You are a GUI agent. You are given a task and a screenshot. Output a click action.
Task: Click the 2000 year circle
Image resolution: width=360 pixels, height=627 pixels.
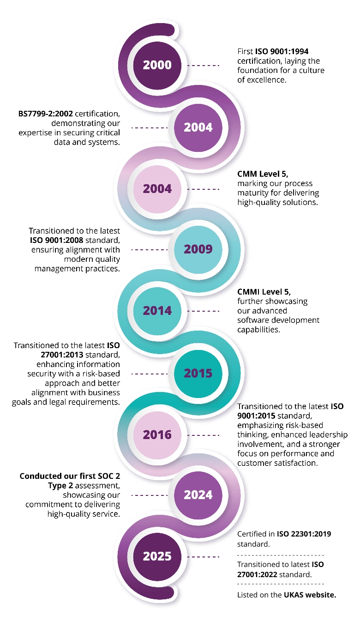click(157, 65)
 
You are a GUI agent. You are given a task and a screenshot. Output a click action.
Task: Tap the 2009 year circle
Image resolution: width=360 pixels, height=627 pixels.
click(198, 249)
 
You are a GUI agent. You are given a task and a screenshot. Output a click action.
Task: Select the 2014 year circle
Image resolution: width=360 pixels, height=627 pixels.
click(157, 311)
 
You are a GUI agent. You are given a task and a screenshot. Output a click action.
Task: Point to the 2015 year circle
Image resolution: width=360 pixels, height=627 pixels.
click(198, 373)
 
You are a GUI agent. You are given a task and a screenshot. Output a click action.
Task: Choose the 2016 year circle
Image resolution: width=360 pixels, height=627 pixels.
click(157, 435)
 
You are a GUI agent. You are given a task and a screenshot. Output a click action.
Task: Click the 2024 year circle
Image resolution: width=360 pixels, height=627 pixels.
click(198, 495)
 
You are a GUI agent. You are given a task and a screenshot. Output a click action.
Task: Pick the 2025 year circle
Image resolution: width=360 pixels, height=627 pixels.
click(157, 557)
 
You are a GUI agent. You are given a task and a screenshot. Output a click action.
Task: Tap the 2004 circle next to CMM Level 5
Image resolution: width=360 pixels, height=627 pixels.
click(157, 189)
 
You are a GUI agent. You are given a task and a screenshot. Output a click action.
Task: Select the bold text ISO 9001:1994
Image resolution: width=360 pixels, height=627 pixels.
click(282, 52)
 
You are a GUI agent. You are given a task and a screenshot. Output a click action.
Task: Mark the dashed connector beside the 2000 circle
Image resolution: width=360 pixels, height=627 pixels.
click(203, 66)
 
